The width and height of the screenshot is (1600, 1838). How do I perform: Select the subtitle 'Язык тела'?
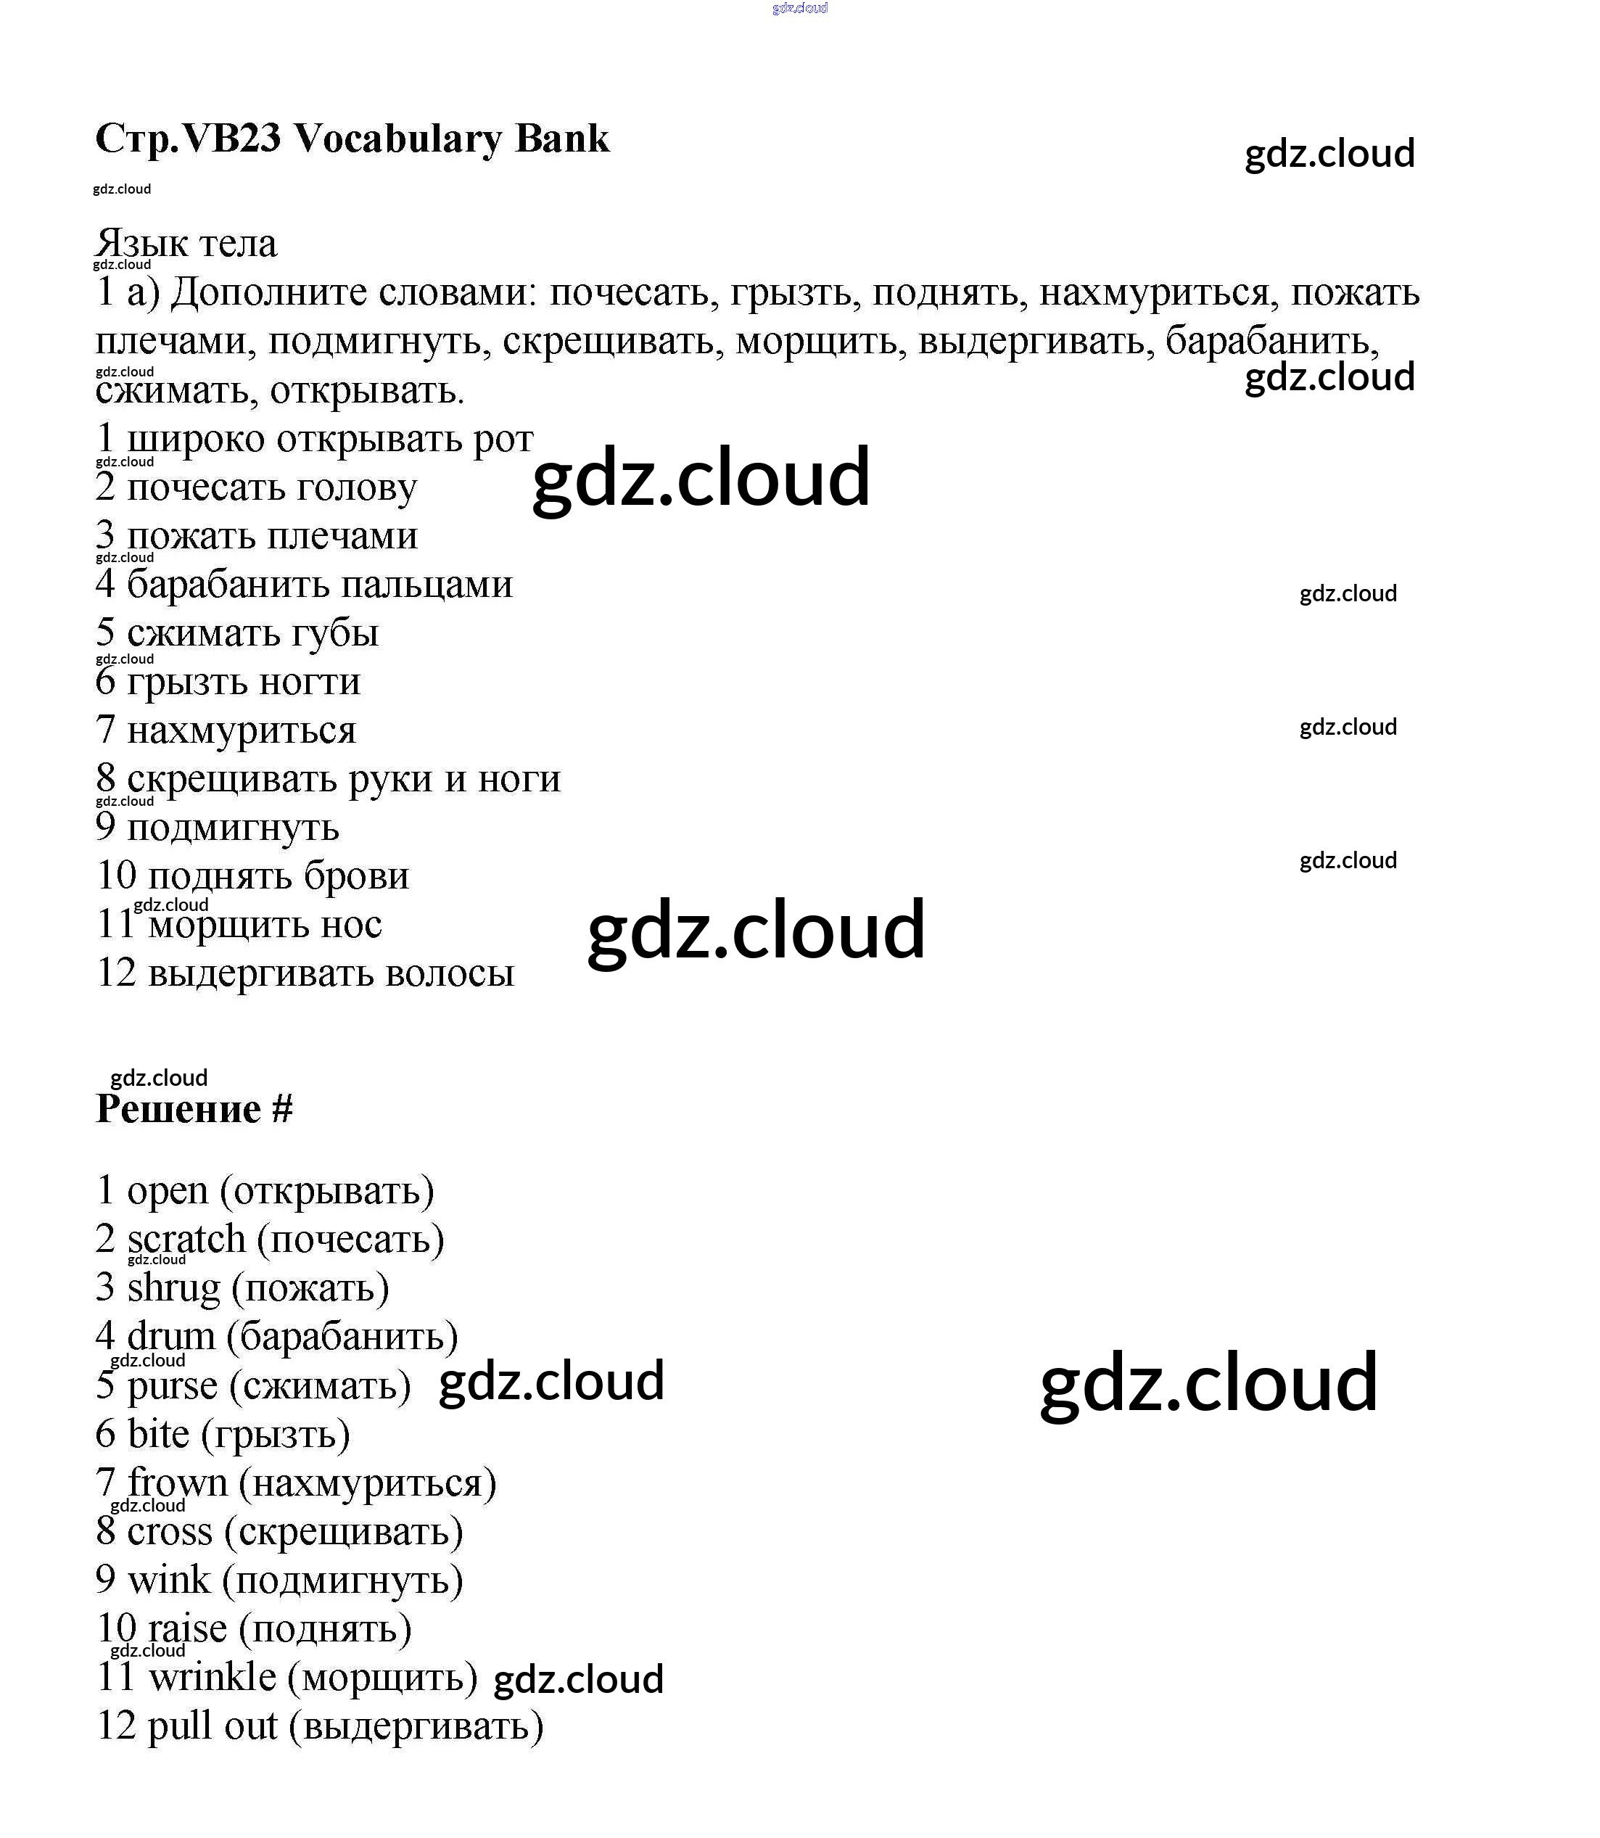coord(186,243)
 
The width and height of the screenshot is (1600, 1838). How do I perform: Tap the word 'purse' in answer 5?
coord(173,1386)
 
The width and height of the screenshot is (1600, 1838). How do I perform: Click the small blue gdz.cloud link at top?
coord(799,8)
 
